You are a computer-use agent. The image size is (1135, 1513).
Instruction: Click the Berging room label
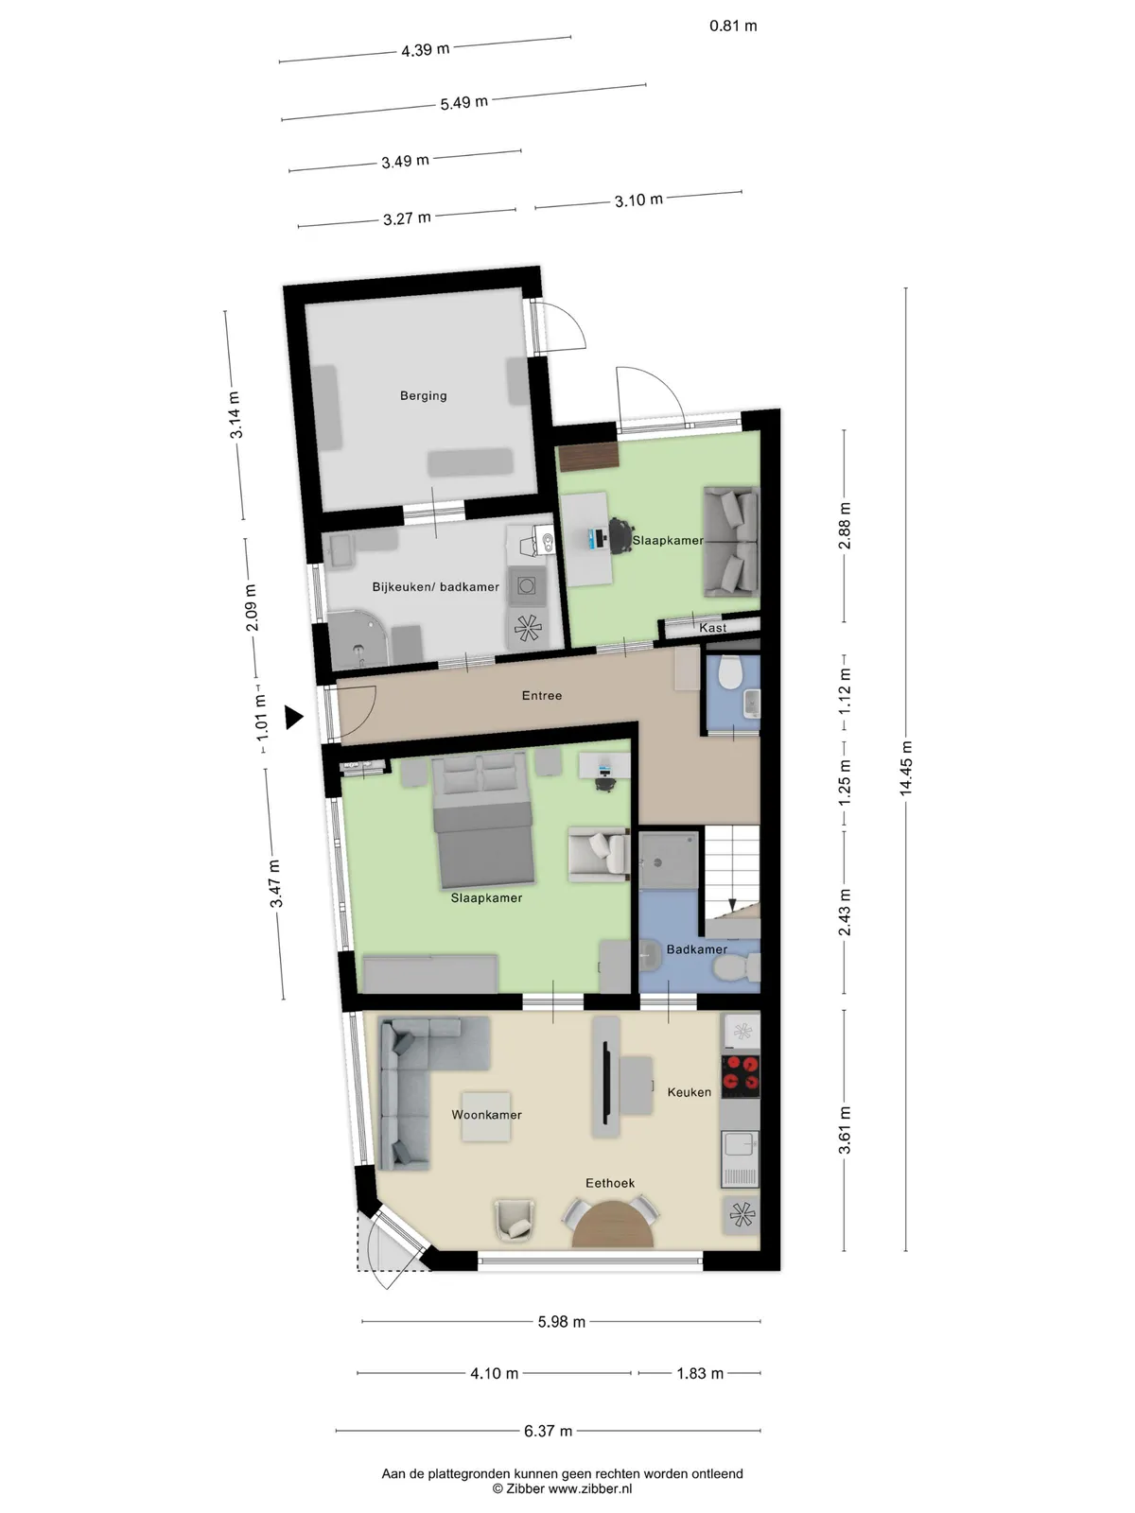coord(423,395)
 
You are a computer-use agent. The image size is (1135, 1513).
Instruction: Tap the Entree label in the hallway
coord(542,695)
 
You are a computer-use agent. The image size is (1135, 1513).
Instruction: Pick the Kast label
coord(712,628)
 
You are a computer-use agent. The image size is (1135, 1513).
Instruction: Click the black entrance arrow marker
coord(294,718)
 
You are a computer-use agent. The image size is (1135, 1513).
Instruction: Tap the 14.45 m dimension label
coord(905,769)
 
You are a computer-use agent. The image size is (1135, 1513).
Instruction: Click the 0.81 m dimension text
coord(733,26)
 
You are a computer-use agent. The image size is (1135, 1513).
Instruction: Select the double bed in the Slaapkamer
coord(483,820)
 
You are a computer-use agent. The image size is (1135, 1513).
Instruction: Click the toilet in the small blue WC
coord(729,672)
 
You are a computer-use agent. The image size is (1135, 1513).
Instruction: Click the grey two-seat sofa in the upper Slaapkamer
coord(730,542)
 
